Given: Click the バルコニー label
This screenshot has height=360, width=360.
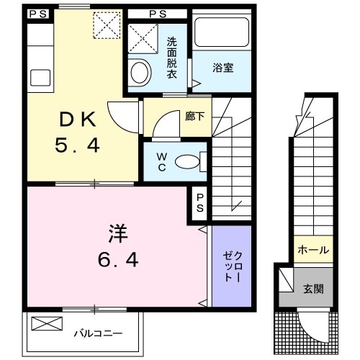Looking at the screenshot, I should click(97, 333).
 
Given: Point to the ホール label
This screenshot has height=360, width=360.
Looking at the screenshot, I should click(312, 251).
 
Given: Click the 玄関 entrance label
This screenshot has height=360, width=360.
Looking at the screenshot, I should click(312, 289).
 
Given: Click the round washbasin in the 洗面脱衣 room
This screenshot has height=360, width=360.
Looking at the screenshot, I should click(139, 72).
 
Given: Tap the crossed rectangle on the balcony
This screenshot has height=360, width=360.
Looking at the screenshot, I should click(45, 325).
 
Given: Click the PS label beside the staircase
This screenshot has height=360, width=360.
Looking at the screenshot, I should click(200, 202).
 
